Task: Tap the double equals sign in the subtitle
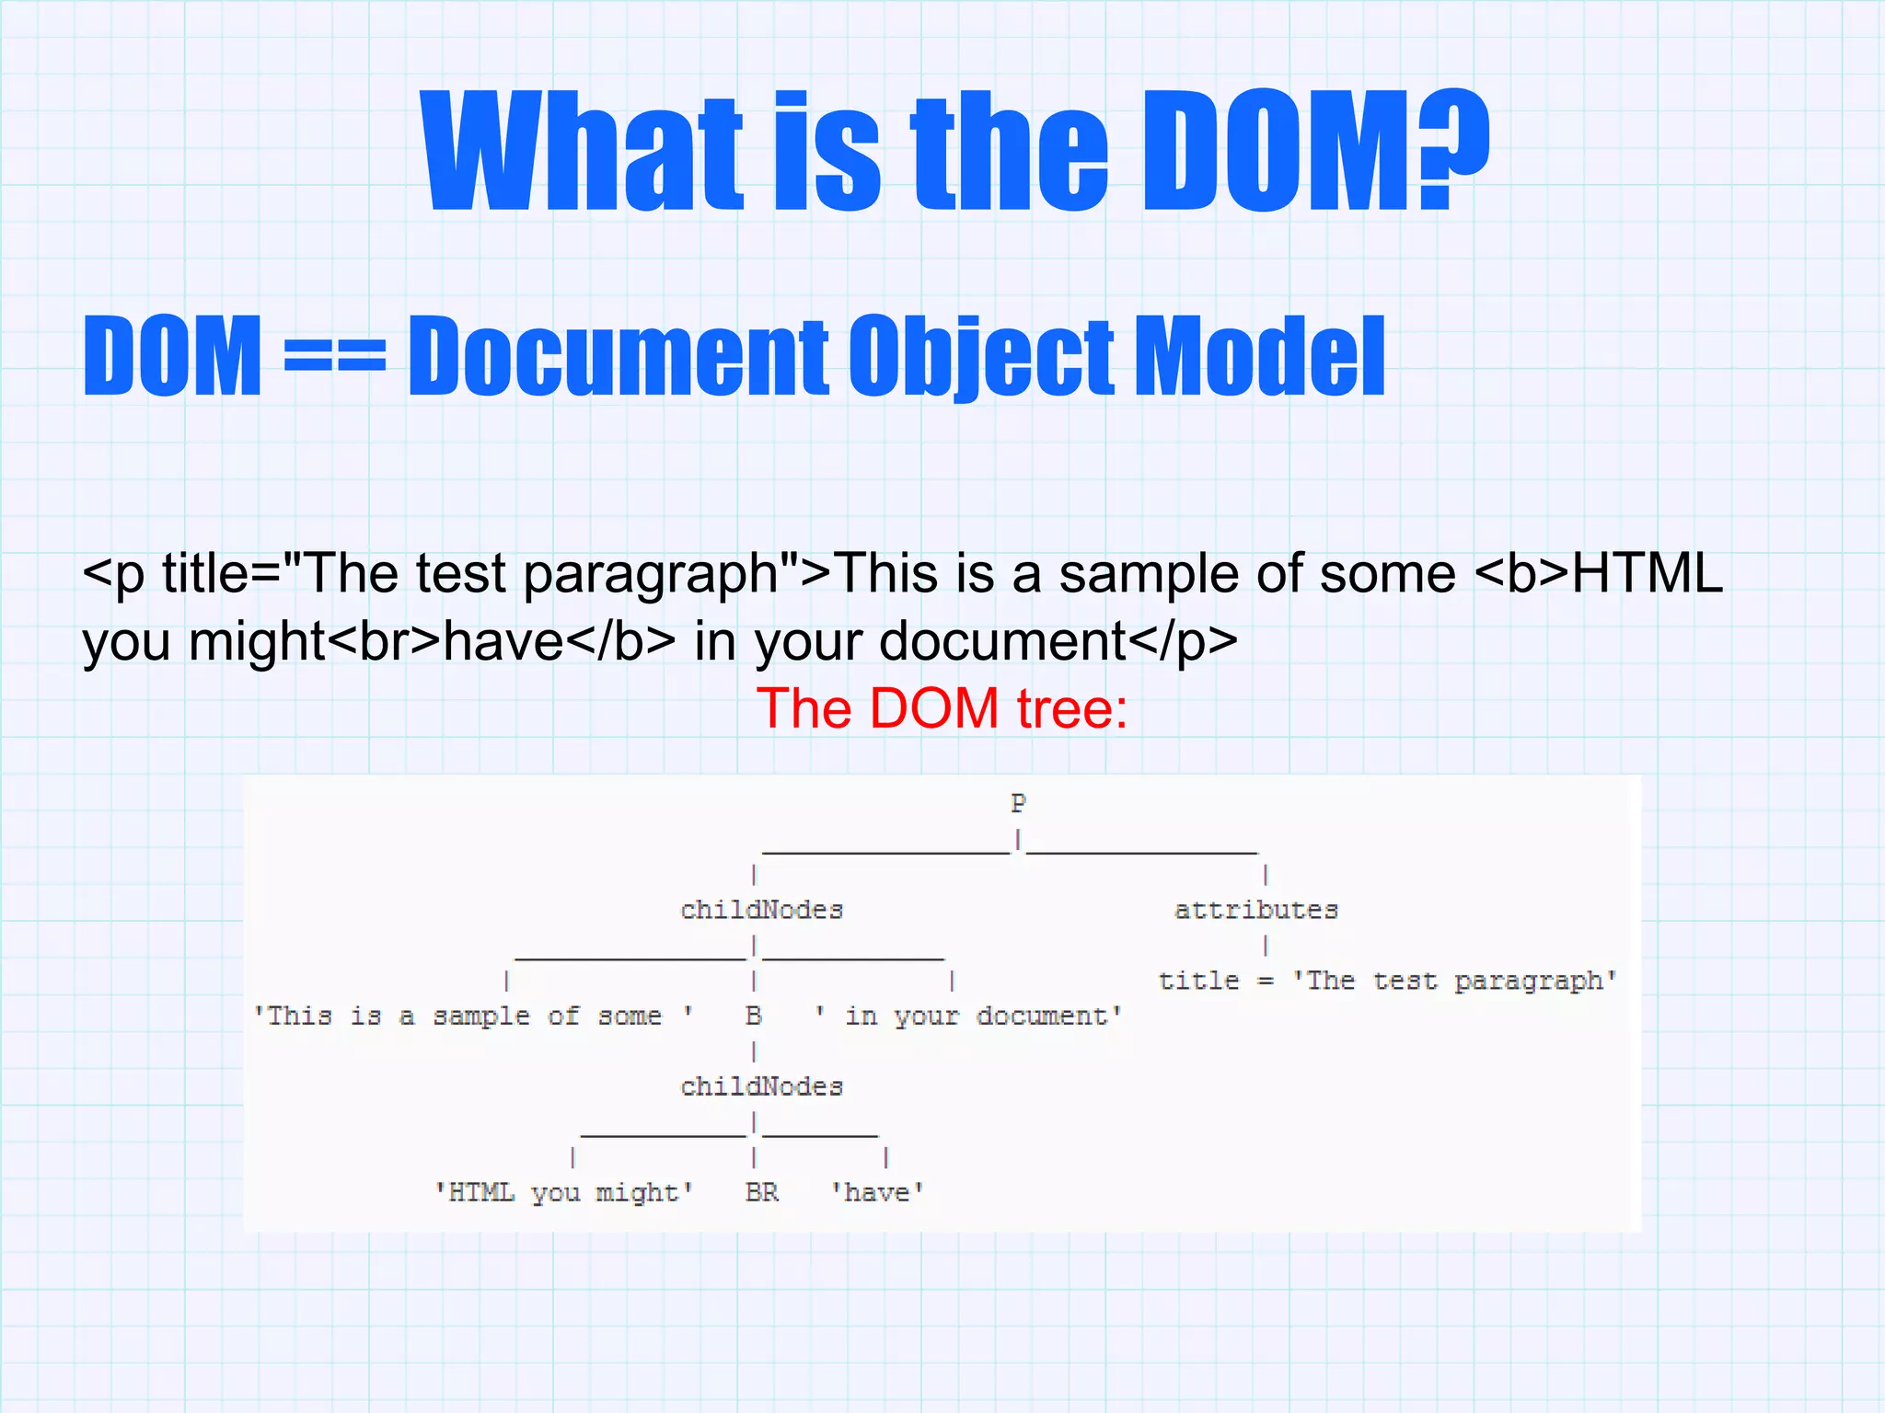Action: [334, 355]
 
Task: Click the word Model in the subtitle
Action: [1259, 355]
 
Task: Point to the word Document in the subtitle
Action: [618, 355]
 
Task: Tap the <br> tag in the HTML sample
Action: [384, 641]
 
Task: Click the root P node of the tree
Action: [1017, 803]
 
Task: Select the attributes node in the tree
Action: [1255, 910]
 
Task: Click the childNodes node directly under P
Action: [761, 910]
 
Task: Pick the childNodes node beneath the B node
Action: [761, 1086]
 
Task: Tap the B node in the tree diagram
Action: [753, 1016]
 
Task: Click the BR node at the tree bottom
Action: [761, 1192]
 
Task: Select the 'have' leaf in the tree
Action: [877, 1192]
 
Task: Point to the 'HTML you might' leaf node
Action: [564, 1192]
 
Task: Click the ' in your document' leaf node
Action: [969, 1016]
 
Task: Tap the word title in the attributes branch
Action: [1198, 981]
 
